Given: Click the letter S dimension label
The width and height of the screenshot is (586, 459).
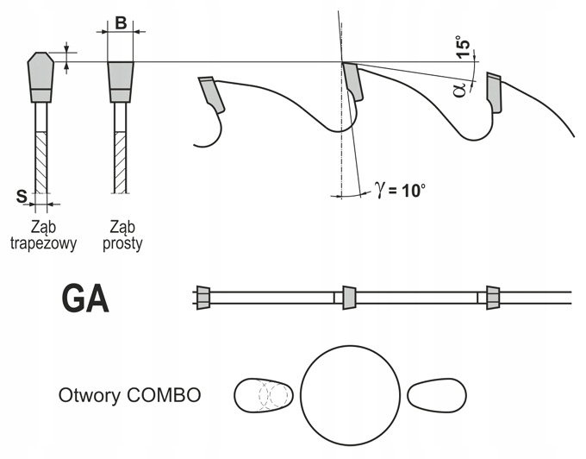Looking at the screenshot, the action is [x=20, y=198].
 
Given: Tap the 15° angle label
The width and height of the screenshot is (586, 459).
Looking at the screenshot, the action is [x=464, y=47].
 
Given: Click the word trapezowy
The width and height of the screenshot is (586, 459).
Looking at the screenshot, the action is [x=43, y=243].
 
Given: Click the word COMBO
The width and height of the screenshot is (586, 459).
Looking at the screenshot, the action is [x=163, y=396].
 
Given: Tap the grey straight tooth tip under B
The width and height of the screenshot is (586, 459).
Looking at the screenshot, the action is [x=120, y=76].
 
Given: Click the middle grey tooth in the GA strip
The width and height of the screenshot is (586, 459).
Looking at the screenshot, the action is [x=349, y=297].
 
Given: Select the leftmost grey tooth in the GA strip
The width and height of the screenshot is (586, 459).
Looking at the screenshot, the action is [x=203, y=297].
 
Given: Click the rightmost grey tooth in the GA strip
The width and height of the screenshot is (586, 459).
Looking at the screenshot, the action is [x=494, y=297].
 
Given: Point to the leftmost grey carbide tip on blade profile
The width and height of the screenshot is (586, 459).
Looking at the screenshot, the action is [x=209, y=93].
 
